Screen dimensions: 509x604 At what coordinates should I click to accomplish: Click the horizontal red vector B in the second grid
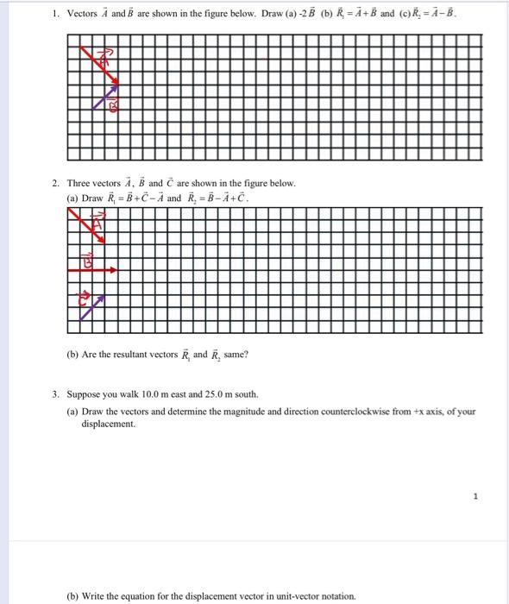(91, 270)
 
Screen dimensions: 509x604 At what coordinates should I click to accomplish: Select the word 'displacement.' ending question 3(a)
(108, 424)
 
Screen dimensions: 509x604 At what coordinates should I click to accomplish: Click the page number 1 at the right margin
(474, 496)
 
